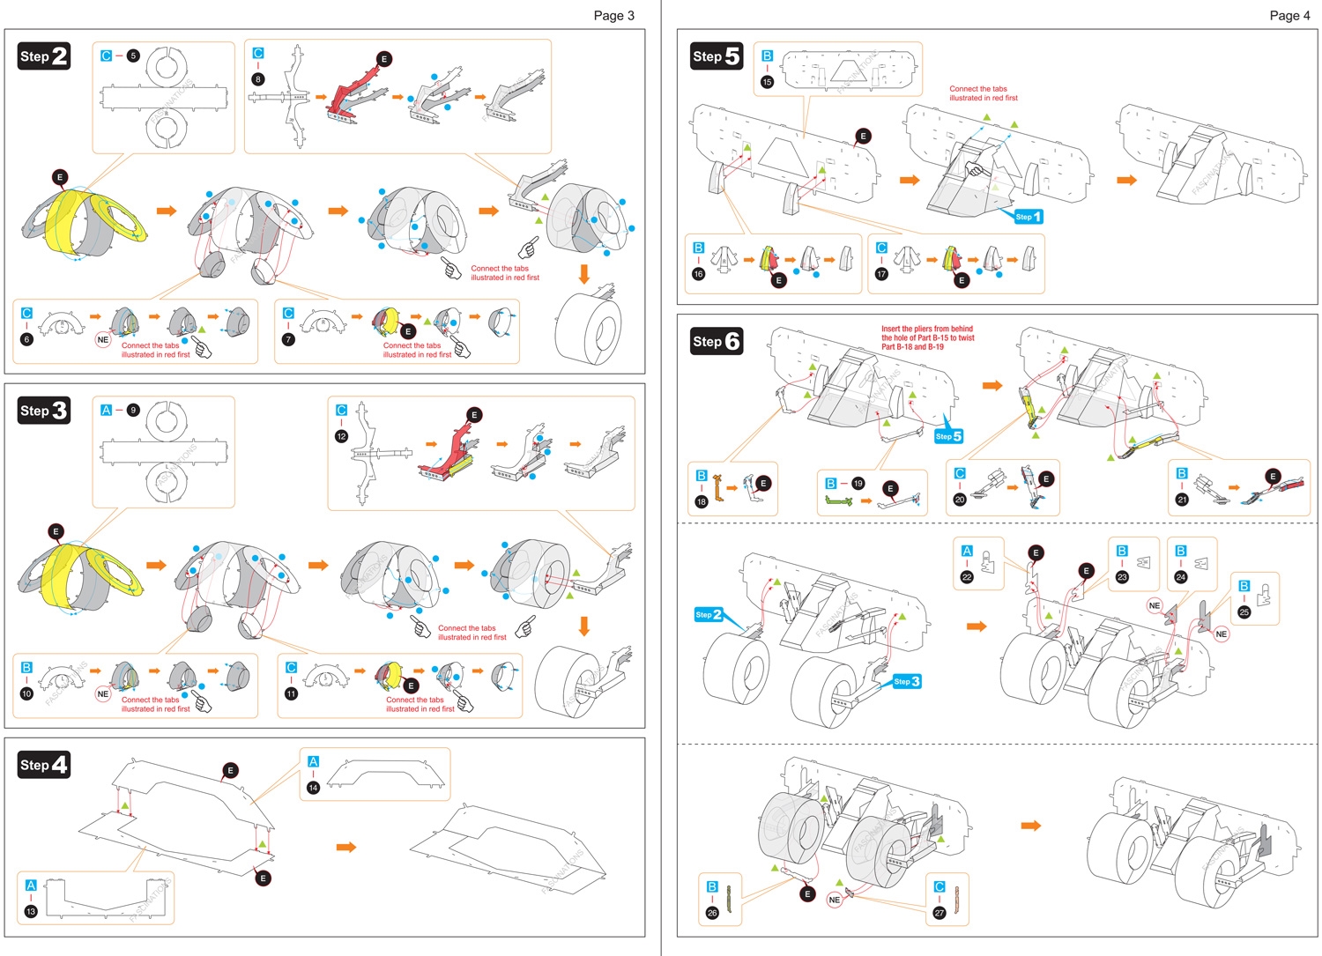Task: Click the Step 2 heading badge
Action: [44, 56]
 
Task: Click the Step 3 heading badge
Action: [44, 411]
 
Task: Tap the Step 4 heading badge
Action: [44, 765]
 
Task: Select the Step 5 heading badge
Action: [717, 56]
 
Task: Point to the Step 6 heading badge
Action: [717, 341]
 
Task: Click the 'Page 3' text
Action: [613, 15]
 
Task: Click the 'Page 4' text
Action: [1289, 15]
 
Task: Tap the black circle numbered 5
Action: [133, 56]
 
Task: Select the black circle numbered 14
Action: [313, 787]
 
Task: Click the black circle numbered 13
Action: [31, 911]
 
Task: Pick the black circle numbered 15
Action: [767, 82]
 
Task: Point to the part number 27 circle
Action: [940, 913]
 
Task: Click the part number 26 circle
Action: [712, 913]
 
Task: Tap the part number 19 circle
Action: [858, 483]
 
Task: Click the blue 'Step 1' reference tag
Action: [1028, 217]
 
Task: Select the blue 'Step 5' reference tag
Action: [948, 436]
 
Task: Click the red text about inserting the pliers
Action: [927, 337]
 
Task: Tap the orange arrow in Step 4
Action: [346, 847]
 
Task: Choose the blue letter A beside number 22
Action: [967, 551]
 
